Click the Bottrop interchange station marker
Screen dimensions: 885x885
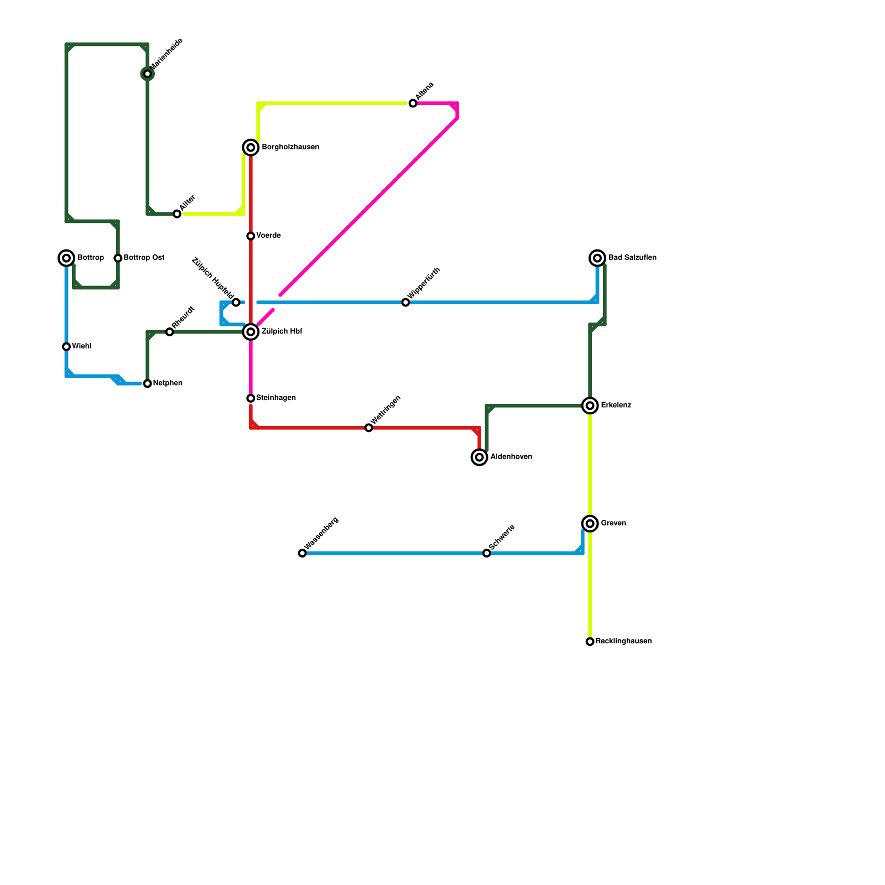66,258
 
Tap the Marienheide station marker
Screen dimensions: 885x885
147,74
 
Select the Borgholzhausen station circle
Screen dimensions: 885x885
251,147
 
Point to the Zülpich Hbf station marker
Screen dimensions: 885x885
251,332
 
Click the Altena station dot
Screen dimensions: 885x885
413,103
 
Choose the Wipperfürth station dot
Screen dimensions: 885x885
405,303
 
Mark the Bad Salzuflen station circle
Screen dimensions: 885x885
597,258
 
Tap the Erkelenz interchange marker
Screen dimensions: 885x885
590,405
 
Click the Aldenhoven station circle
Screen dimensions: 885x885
480,457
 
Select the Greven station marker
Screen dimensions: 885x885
590,523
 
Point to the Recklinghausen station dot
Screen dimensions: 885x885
590,642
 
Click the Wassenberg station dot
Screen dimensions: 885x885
302,553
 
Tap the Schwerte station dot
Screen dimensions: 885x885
487,553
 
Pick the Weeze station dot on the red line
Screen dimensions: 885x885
369,428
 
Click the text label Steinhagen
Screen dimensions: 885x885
276,398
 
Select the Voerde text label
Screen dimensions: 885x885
268,236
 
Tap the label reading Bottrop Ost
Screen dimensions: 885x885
144,258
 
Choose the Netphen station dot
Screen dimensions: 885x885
147,383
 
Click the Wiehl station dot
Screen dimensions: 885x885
66,347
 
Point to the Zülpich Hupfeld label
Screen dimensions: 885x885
212,275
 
